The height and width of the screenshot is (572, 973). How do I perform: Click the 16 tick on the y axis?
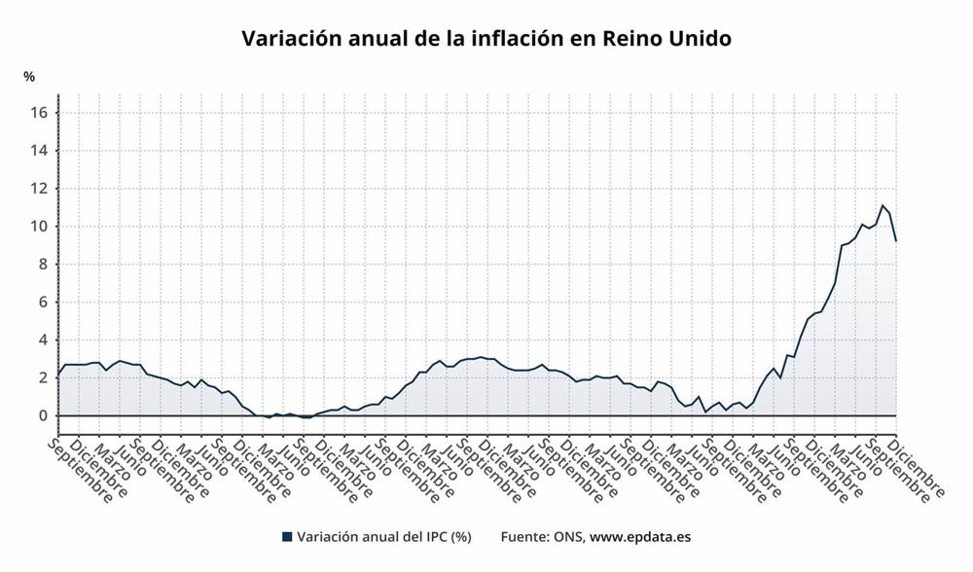pos(38,113)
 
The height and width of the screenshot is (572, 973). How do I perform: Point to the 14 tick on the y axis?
pos(38,151)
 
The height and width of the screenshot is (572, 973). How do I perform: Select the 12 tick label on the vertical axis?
pos(38,189)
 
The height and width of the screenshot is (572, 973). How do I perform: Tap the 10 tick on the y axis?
pos(38,227)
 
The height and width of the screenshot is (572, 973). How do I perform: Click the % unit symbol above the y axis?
pos(29,77)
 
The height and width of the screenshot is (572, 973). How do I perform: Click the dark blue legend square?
pos(286,536)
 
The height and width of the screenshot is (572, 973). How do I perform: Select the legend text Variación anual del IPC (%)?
pos(383,536)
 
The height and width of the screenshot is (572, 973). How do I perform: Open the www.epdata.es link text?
pos(640,536)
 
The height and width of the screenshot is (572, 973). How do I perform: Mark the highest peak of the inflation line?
pos(882,205)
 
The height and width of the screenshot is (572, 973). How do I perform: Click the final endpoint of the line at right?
pos(895,240)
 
